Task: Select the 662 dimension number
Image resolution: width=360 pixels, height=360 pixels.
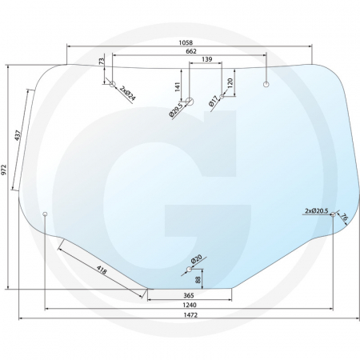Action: coord(190,51)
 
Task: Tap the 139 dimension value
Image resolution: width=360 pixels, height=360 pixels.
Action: coord(206,60)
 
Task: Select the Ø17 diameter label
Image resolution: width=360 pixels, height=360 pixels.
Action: coord(213,102)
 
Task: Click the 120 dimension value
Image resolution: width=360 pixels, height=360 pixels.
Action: coord(230,82)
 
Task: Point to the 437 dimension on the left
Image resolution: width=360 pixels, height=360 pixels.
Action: coord(18,136)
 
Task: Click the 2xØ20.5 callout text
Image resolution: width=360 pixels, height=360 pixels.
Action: coord(317,210)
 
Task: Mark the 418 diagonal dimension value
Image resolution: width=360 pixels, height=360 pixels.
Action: coord(102,269)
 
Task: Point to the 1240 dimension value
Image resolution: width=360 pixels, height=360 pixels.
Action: coord(190,306)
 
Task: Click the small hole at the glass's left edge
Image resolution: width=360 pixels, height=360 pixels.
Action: coord(46,214)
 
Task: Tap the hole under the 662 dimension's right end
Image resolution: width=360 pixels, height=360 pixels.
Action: coord(266,82)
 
